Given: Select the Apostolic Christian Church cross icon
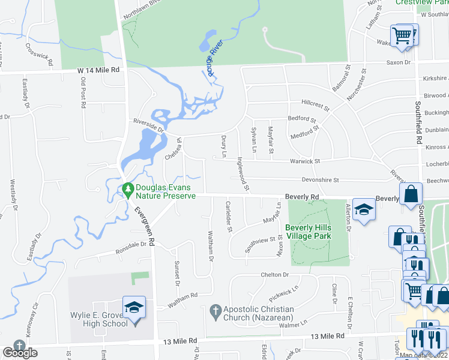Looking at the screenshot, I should (x=216, y=311).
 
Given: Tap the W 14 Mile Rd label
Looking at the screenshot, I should (x=98, y=70).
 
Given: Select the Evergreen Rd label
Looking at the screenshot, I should (x=145, y=226).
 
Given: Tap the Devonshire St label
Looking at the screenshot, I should (x=320, y=180).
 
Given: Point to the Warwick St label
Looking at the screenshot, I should (x=305, y=161).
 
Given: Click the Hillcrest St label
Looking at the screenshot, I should (x=316, y=106).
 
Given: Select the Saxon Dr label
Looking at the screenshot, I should (x=398, y=62).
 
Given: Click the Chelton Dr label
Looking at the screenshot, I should (x=275, y=274).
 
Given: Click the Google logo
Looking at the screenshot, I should (x=20, y=353).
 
